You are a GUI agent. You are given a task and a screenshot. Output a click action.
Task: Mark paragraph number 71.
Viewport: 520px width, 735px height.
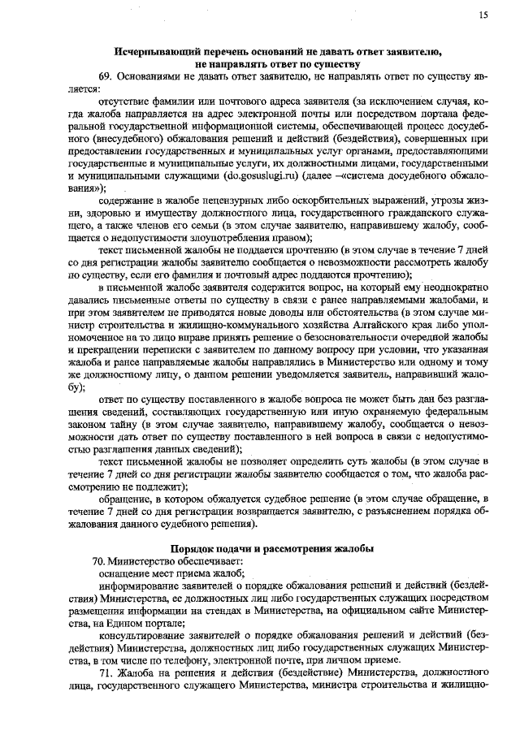coord(105,673)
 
